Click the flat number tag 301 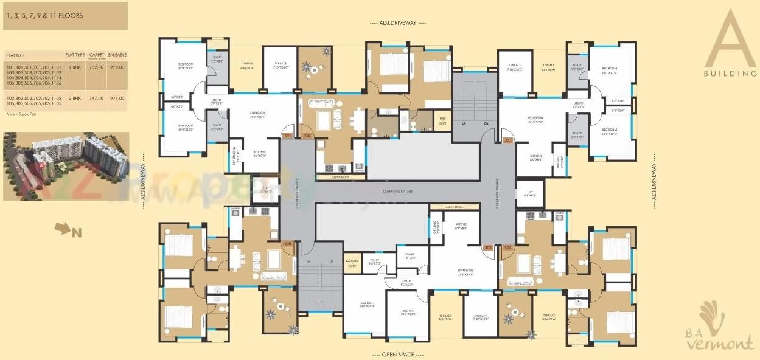point(288,136)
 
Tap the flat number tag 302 point(307,136)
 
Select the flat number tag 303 point(508,140)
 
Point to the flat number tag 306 point(288,243)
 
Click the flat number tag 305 point(487,247)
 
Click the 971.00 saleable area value point(117,98)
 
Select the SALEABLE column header point(117,55)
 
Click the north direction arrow point(63,229)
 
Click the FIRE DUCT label point(442,120)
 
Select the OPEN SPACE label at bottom point(398,354)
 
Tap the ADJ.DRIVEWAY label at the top point(398,23)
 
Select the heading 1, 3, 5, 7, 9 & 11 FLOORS point(43,15)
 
